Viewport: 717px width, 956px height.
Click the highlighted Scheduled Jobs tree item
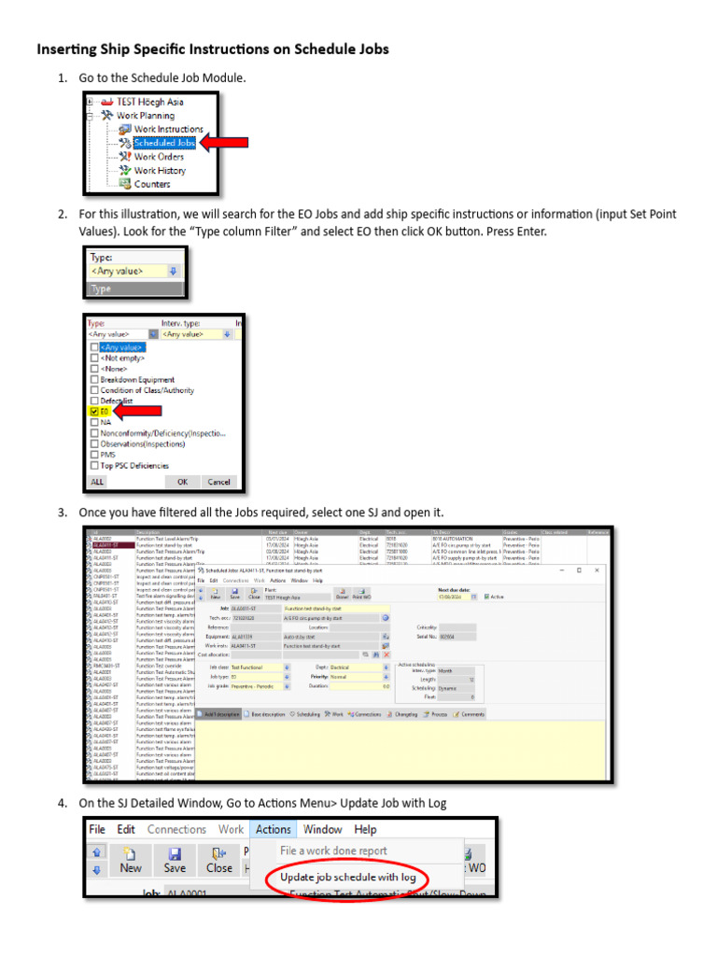point(163,143)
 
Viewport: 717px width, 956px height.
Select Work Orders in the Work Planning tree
point(158,157)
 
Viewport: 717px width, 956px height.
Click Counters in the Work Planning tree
point(151,184)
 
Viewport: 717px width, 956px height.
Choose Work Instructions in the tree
point(167,129)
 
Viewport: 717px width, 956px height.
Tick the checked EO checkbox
point(94,411)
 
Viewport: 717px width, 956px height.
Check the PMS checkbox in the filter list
point(94,455)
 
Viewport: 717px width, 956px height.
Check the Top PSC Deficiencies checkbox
point(94,465)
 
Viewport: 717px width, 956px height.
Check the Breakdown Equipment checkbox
point(94,380)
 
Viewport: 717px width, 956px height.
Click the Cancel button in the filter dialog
point(219,482)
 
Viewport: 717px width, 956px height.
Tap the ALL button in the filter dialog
point(97,482)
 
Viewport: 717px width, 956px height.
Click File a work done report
point(333,851)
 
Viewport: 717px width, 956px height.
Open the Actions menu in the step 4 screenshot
point(273,829)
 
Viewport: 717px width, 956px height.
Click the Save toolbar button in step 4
point(175,860)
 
